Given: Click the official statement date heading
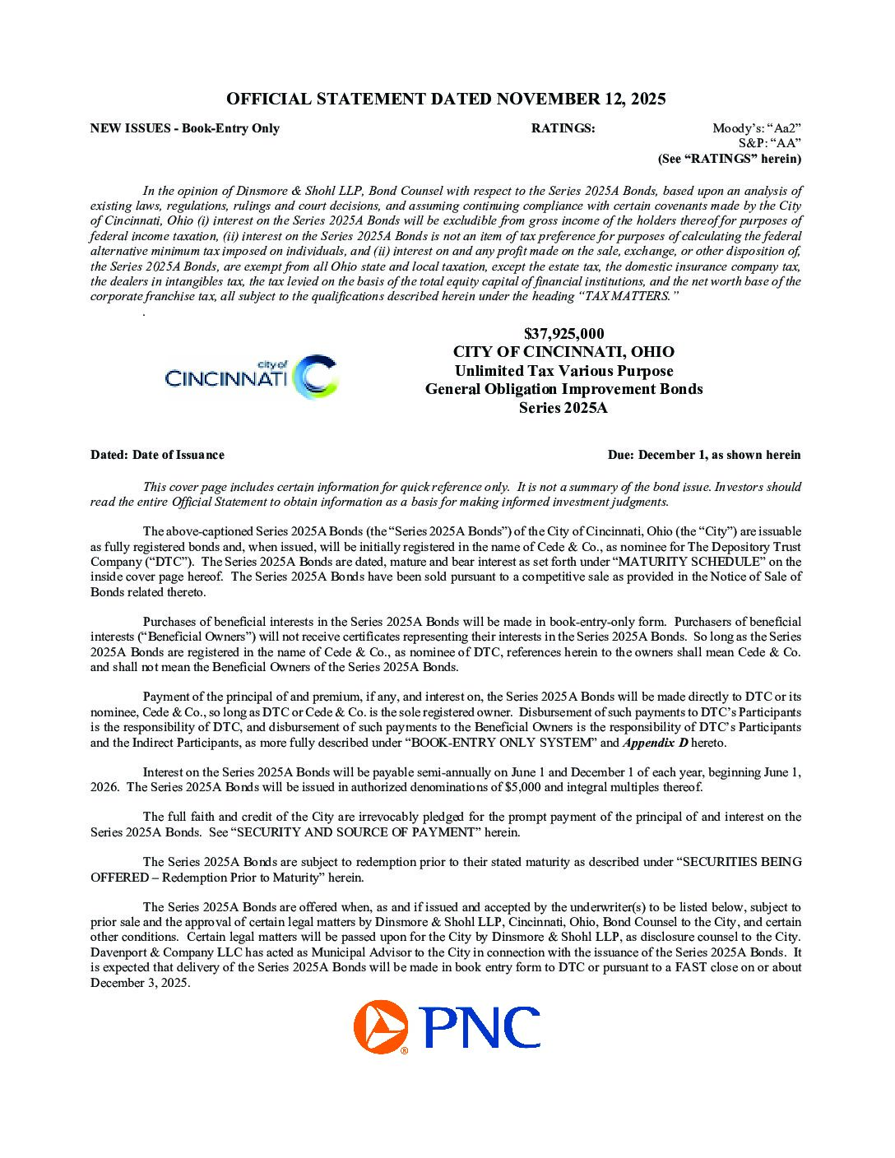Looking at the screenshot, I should point(446,100).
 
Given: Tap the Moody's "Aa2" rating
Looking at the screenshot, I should point(757,128).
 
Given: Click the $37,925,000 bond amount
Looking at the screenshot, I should point(563,334).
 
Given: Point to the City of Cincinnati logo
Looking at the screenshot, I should point(251,377).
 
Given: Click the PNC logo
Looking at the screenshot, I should point(447,1027).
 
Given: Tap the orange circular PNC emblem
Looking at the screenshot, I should point(381,1027).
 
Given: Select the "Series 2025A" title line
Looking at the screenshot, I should point(563,408).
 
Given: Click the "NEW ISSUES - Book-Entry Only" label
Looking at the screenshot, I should point(185,128).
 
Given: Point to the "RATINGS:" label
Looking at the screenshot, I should point(563,128).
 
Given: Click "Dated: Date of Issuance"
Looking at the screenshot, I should point(157,455).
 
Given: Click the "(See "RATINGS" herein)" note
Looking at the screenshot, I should point(729,159).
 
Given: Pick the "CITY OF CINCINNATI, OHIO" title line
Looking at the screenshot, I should point(563,352).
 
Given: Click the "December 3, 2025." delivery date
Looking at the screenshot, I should point(140,983).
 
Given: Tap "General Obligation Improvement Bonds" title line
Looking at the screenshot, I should point(563,389).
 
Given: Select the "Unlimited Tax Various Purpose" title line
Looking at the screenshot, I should point(563,371).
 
